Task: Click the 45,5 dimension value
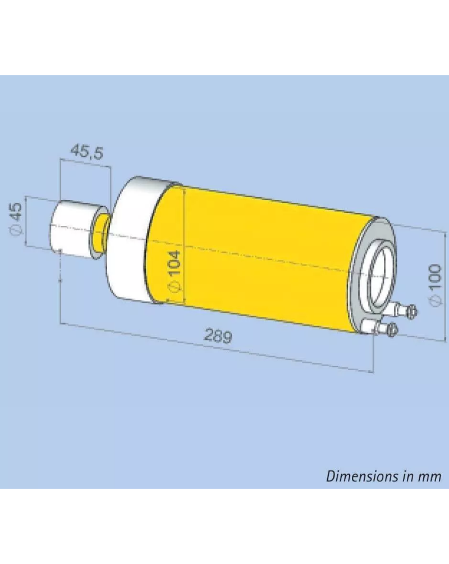pyautogui.click(x=87, y=151)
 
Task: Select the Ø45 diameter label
pyautogui.click(x=16, y=218)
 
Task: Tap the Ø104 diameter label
pyautogui.click(x=175, y=271)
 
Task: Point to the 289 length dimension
pyautogui.click(x=218, y=335)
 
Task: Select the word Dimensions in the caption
pyautogui.click(x=364, y=476)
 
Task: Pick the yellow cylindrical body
pyautogui.click(x=259, y=257)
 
